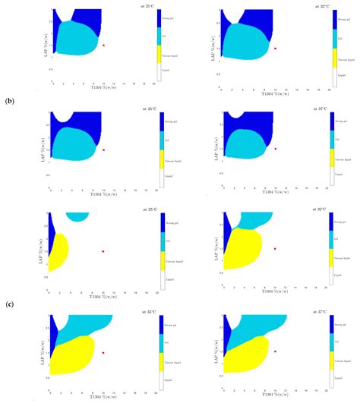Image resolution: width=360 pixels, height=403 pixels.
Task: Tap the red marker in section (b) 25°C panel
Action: [103, 46]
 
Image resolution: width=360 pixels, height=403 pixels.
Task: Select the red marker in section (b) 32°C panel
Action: [276, 48]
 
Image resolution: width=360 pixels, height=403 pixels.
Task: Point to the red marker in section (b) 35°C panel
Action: [103, 150]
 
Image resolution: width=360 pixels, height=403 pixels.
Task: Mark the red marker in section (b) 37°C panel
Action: [276, 149]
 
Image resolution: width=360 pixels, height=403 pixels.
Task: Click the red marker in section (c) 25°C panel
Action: [103, 251]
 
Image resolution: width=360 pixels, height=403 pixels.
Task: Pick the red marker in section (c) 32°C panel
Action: [276, 248]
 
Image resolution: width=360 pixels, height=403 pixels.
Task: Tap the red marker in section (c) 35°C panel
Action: [103, 352]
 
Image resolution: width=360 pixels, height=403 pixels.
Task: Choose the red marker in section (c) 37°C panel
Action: [276, 351]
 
